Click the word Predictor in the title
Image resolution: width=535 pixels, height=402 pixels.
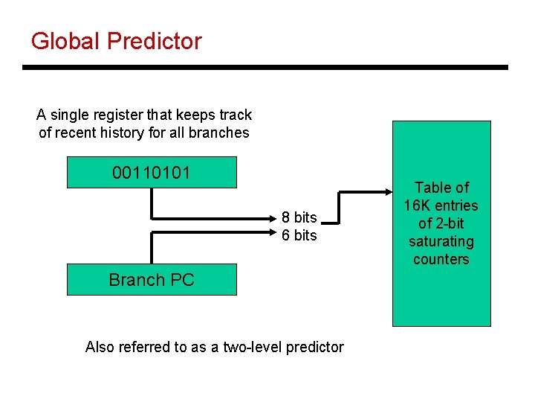click(155, 41)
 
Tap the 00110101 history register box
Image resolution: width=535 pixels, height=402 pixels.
click(152, 173)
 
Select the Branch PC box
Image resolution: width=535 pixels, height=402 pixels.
click(152, 280)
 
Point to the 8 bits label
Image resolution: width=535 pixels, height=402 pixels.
click(299, 217)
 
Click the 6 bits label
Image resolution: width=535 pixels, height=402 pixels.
click(299, 235)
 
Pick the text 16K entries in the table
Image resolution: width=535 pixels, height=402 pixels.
click(441, 205)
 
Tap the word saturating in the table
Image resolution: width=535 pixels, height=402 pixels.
click(441, 241)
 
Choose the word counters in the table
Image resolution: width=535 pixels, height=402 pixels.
click(441, 259)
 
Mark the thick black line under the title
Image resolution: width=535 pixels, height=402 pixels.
click(265, 68)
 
